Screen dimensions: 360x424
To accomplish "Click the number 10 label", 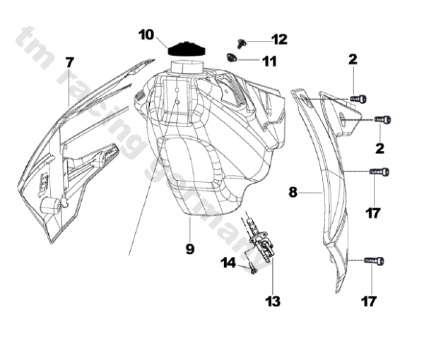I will (x=146, y=34).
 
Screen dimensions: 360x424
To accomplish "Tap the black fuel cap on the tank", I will (x=186, y=50).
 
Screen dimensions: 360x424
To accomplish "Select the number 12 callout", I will (x=280, y=40).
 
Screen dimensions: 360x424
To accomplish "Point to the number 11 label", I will (x=269, y=61).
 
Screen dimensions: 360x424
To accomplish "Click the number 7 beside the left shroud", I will (x=69, y=61).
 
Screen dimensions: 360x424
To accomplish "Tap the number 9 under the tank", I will (x=189, y=248).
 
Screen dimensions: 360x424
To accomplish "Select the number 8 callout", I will (x=293, y=191).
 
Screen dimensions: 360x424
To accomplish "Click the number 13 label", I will (x=273, y=302).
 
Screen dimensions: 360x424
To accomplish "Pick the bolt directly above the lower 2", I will (x=382, y=120).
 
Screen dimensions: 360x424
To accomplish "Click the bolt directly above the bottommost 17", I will (x=375, y=261).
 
